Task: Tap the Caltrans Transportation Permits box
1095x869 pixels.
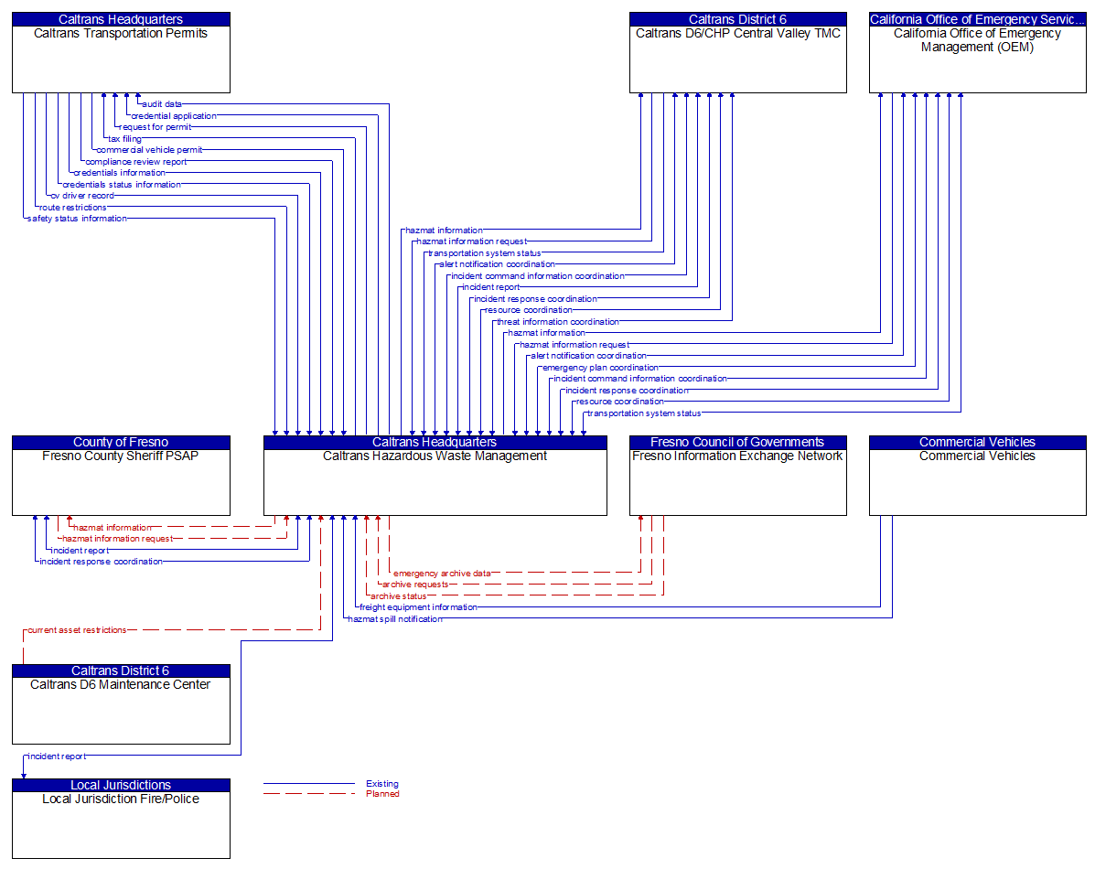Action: (121, 59)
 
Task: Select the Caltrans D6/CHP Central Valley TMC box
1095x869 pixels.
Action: (737, 59)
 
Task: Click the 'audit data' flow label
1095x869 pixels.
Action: (162, 104)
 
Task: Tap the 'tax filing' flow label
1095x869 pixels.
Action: (125, 139)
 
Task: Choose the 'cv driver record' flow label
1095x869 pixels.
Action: (82, 196)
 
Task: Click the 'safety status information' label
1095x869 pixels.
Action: (77, 219)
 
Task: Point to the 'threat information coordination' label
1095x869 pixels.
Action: (558, 322)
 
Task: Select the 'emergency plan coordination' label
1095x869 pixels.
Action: (600, 368)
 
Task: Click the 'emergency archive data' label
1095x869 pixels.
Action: (442, 574)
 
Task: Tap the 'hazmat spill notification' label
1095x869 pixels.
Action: (395, 619)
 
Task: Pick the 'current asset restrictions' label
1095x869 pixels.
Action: (77, 630)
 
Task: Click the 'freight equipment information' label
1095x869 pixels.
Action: (418, 607)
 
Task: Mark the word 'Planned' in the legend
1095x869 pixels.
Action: (382, 794)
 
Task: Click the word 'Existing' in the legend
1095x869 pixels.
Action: (382, 784)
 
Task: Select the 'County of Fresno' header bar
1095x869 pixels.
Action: (121, 443)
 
